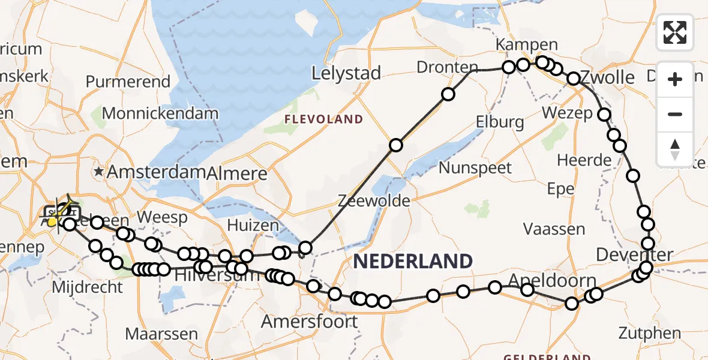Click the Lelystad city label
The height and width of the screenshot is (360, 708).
tap(346, 74)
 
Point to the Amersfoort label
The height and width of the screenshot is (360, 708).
tap(309, 321)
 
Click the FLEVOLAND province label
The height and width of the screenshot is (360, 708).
tap(324, 119)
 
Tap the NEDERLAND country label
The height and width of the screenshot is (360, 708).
tap(413, 262)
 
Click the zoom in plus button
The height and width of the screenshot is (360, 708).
tap(675, 79)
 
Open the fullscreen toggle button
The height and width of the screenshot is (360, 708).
tap(675, 32)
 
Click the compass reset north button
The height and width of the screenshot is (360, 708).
tap(675, 149)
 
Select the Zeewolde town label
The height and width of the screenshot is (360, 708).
tap(373, 200)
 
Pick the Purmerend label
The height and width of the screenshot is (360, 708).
tap(128, 82)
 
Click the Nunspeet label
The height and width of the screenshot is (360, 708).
tap(475, 167)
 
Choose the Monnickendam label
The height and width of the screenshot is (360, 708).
tap(160, 113)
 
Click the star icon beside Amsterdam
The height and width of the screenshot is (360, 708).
tap(99, 172)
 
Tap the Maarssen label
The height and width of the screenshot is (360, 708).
tap(162, 333)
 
